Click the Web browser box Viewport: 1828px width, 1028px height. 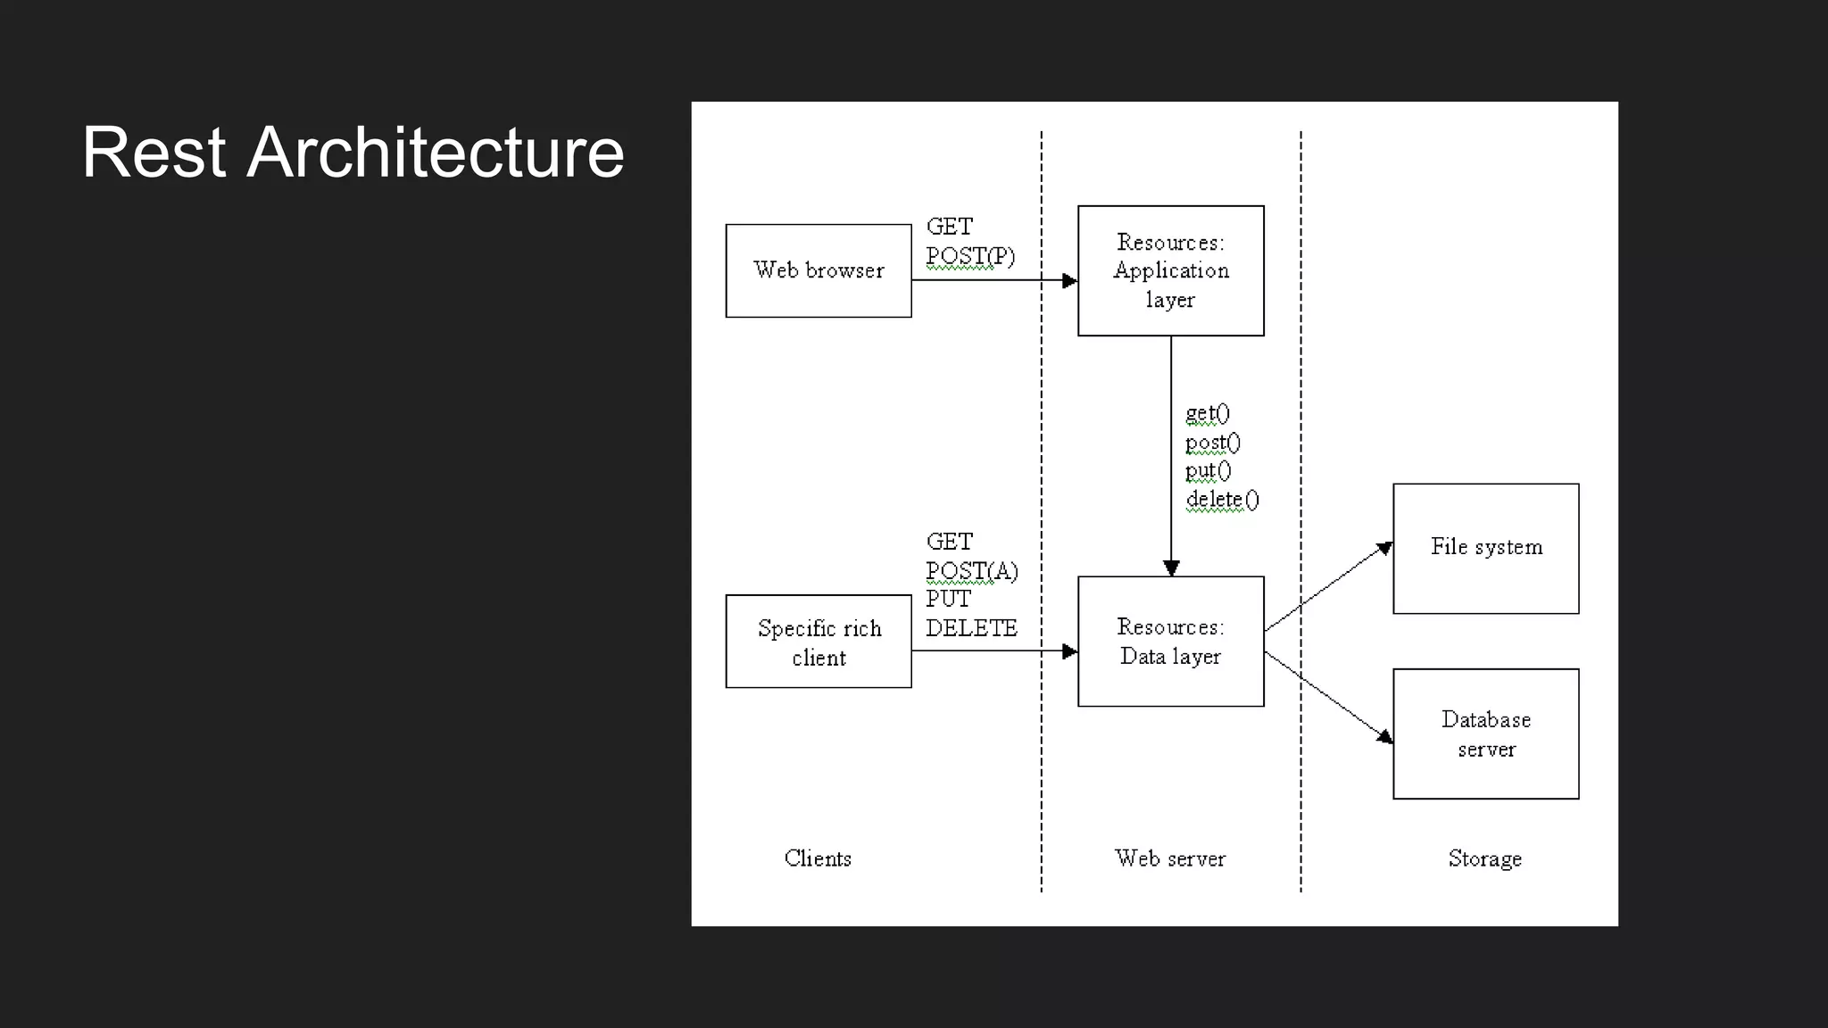pyautogui.click(x=818, y=270)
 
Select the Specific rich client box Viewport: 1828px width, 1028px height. pyautogui.click(x=818, y=642)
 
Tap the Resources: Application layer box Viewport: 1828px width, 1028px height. pyautogui.click(x=1170, y=270)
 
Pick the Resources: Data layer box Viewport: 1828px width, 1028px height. pyautogui.click(x=1170, y=642)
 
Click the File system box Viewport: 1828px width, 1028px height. pyautogui.click(x=1485, y=548)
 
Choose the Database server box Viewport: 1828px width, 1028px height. pyautogui.click(x=1485, y=734)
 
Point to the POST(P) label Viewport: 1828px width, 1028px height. pyautogui.click(x=970, y=256)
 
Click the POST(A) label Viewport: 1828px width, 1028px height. pyautogui.click(x=971, y=571)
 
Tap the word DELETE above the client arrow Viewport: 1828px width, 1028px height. pyautogui.click(x=971, y=628)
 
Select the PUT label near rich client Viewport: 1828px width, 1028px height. pyautogui.click(x=948, y=599)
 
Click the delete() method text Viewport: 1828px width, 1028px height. pyautogui.click(x=1222, y=500)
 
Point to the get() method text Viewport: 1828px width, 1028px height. pyautogui.click(x=1207, y=413)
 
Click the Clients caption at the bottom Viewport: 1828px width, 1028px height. pyautogui.click(x=818, y=858)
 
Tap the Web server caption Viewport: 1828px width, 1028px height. pyautogui.click(x=1169, y=858)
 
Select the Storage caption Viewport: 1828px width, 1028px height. pyautogui.click(x=1484, y=858)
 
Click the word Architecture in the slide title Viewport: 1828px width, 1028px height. pyautogui.click(x=435, y=153)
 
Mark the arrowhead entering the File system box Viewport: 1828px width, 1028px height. pyautogui.click(x=1385, y=547)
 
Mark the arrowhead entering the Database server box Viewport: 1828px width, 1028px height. pyautogui.click(x=1385, y=736)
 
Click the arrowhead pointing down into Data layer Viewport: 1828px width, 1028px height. pyautogui.click(x=1171, y=568)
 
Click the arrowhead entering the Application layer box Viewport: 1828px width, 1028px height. pyautogui.click(x=1069, y=280)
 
